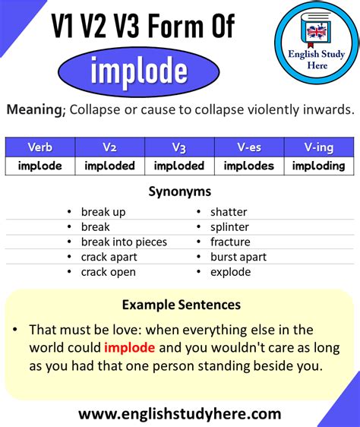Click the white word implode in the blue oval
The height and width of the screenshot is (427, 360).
pyautogui.click(x=139, y=72)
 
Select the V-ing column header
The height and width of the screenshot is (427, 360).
pyautogui.click(x=319, y=147)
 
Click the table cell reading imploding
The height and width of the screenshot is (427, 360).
pyautogui.click(x=319, y=166)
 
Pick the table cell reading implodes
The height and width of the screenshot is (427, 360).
pyautogui.click(x=249, y=166)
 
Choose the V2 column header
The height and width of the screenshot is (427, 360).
pyautogui.click(x=109, y=147)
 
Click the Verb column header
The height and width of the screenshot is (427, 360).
pyautogui.click(x=40, y=147)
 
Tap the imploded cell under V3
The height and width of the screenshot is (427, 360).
pyautogui.click(x=179, y=166)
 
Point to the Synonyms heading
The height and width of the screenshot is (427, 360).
pyautogui.click(x=180, y=191)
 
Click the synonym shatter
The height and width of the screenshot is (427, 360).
pyautogui.click(x=229, y=212)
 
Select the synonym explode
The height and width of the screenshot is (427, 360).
pyautogui.click(x=231, y=272)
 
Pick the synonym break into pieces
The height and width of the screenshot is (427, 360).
pyautogui.click(x=124, y=242)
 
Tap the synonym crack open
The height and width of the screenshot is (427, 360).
pyautogui.click(x=109, y=272)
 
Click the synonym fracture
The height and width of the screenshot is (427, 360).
pyautogui.click(x=230, y=242)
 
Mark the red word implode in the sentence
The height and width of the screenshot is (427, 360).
pyautogui.click(x=130, y=348)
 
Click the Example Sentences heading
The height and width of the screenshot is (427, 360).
pyautogui.click(x=182, y=305)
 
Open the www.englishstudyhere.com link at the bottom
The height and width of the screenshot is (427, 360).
pyautogui.click(x=180, y=414)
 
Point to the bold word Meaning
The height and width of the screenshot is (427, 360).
pyautogui.click(x=36, y=109)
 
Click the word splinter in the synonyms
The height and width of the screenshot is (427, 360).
pyautogui.click(x=229, y=227)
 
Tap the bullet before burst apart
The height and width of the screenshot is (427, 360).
pyautogui.click(x=199, y=257)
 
